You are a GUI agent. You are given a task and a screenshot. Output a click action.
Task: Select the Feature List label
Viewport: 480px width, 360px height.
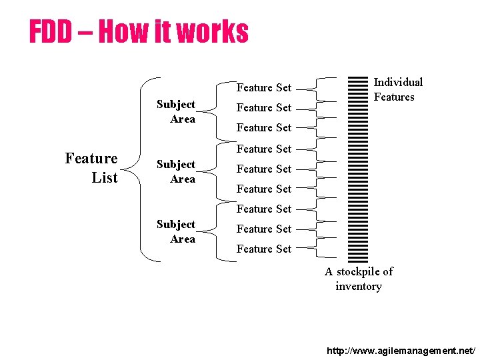[x=91, y=168]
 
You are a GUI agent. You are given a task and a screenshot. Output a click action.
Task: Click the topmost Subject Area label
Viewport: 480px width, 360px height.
[x=176, y=111]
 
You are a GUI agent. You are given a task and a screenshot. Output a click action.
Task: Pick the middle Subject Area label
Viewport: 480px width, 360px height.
[x=176, y=171]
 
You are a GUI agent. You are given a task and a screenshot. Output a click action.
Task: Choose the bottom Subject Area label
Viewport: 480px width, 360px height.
[x=176, y=231]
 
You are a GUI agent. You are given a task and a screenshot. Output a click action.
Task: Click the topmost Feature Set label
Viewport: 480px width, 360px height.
[x=264, y=87]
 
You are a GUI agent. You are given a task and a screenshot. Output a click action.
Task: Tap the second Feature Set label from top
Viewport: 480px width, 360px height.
[x=264, y=107]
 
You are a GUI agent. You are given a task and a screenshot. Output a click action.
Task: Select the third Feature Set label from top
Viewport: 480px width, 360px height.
[x=264, y=127]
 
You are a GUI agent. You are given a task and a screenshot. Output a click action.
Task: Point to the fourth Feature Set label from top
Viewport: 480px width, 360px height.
[x=264, y=149]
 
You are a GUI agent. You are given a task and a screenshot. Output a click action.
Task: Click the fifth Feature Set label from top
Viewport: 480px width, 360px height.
[x=264, y=169]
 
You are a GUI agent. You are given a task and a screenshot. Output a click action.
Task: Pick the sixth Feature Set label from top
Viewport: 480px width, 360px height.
[x=264, y=189]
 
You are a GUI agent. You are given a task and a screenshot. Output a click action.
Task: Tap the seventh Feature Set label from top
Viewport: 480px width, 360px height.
[x=264, y=209]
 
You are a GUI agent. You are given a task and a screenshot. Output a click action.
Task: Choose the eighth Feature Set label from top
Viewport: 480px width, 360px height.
[x=264, y=229]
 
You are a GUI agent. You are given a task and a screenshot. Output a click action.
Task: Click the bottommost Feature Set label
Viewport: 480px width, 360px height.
[x=264, y=249]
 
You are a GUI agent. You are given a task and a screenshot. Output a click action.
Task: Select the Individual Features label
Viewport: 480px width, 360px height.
[x=397, y=89]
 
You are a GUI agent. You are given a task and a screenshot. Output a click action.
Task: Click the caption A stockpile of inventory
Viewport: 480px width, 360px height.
[x=359, y=279]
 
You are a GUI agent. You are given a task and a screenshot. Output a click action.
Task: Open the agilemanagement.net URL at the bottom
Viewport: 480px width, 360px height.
[x=401, y=349]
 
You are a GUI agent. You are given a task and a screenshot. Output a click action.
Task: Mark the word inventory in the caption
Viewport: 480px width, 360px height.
[x=359, y=287]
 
